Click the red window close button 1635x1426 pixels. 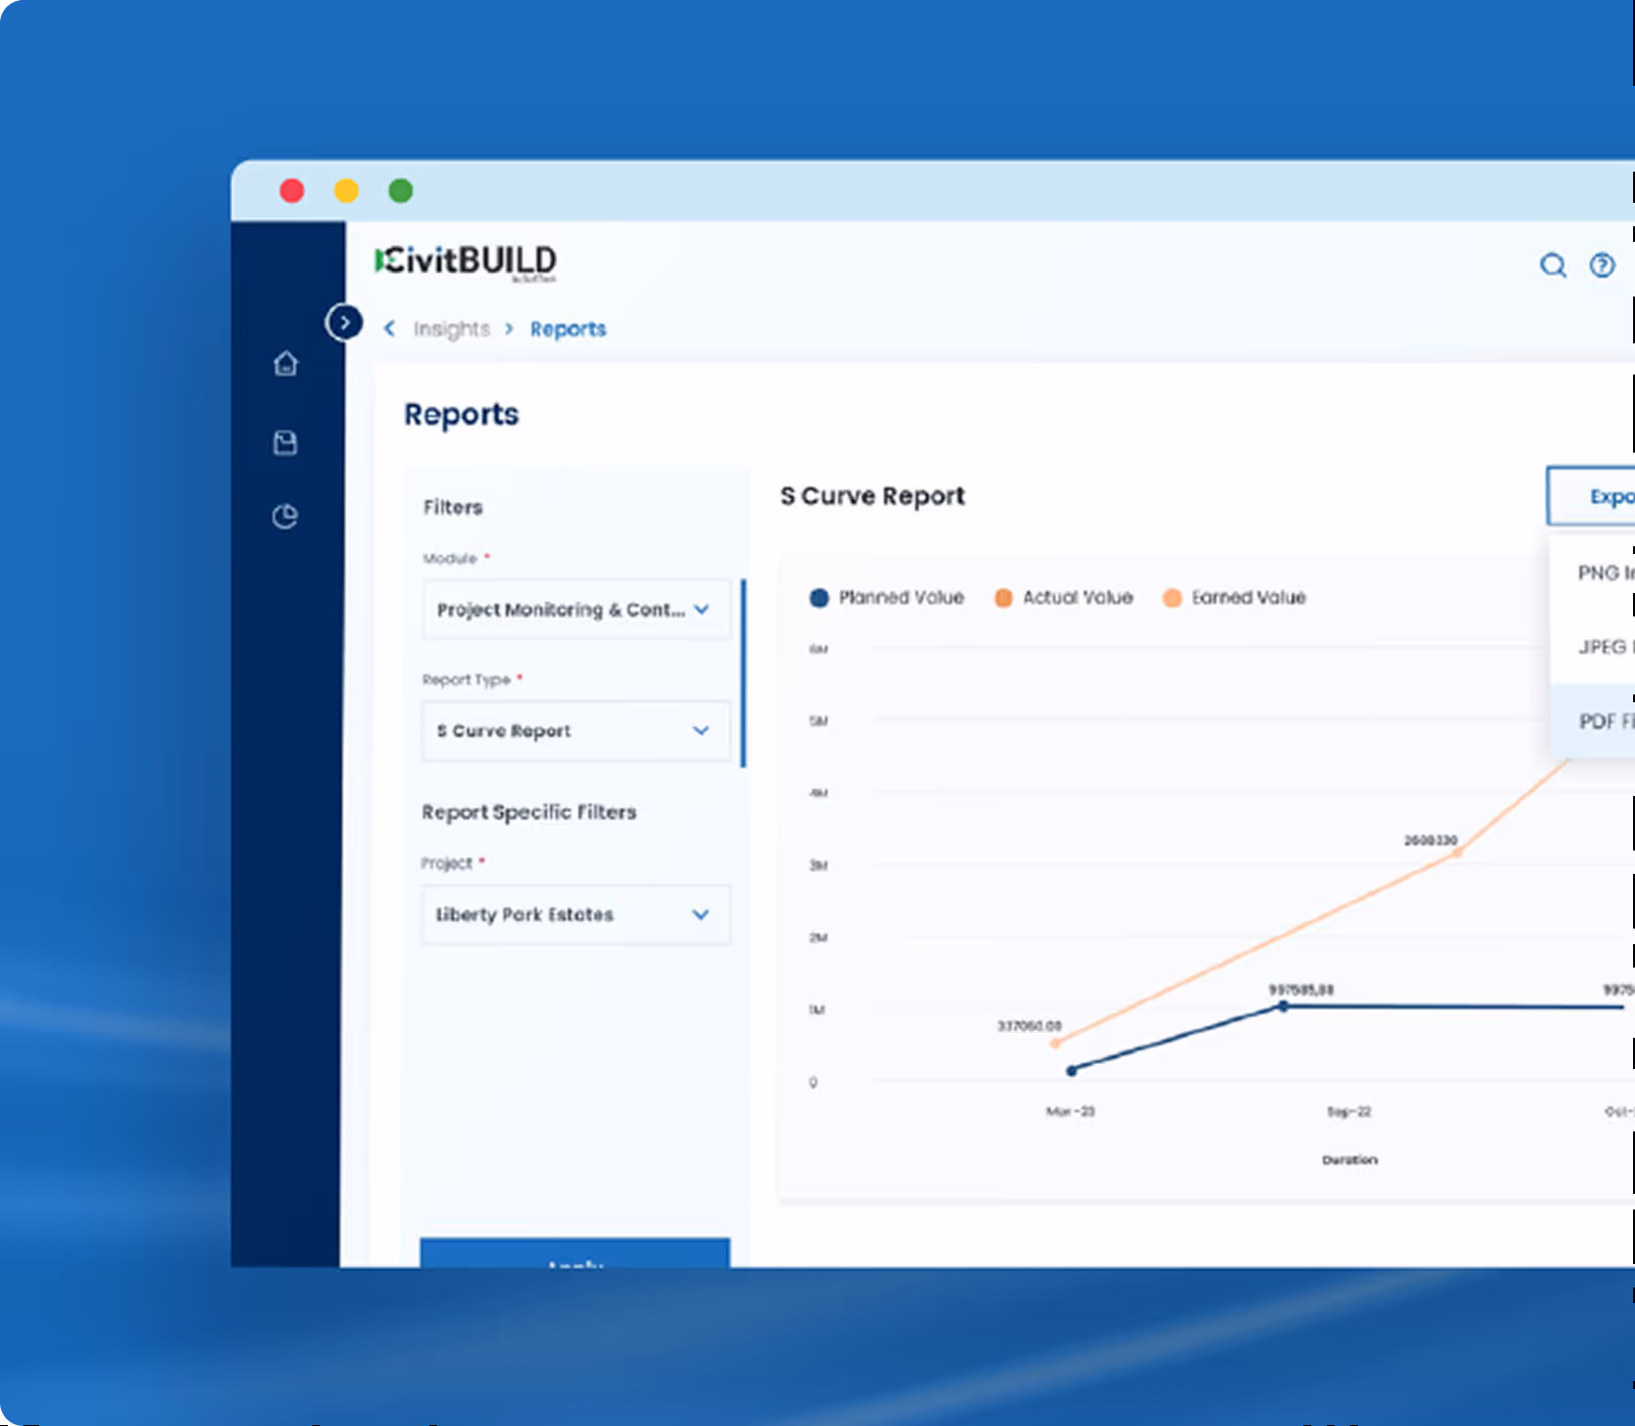292,190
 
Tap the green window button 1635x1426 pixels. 400,190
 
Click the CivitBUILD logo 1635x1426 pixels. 466,261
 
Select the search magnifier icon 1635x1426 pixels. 1552,265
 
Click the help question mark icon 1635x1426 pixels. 1602,265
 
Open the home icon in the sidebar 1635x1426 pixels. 286,364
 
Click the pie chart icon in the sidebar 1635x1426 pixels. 285,516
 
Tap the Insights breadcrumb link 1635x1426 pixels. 451,329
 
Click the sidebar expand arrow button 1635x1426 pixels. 344,322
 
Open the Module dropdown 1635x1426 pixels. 576,610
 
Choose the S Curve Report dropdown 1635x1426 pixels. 576,731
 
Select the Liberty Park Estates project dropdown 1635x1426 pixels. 576,914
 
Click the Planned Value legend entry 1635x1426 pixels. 887,598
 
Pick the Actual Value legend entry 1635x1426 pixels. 1064,598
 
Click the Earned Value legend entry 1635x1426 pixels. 1234,598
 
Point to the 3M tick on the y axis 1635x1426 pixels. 817,865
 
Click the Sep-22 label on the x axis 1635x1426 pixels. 1349,1112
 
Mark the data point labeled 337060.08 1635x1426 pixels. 1055,1044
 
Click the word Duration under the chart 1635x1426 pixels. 1349,1160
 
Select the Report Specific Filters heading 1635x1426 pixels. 529,812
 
